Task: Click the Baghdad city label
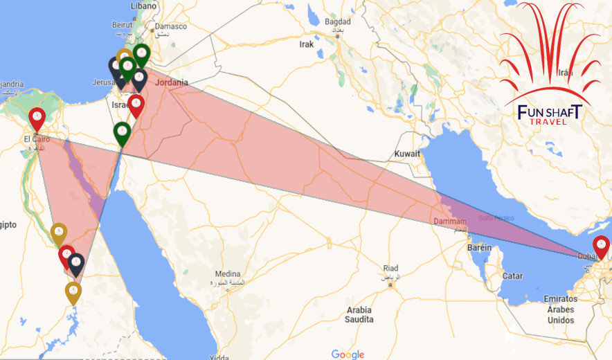[x=337, y=21]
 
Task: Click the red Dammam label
[x=451, y=222]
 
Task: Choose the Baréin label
[x=479, y=248]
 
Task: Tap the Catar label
[x=512, y=276]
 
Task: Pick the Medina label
[x=227, y=273]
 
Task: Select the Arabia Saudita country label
[x=359, y=315]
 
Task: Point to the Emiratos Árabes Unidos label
[x=561, y=309]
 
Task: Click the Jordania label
[x=171, y=83]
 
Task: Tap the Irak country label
[x=306, y=44]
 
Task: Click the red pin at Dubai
[x=601, y=246]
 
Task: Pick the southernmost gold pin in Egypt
[x=73, y=291]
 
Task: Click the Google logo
[x=348, y=354]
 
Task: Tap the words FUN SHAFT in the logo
[x=549, y=112]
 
